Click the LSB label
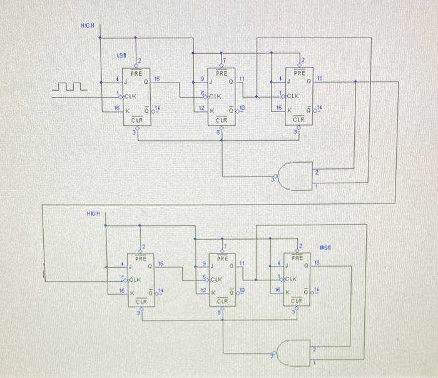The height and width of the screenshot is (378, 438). point(121,55)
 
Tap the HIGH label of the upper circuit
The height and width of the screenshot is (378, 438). point(87,25)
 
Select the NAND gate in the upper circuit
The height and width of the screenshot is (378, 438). point(294,175)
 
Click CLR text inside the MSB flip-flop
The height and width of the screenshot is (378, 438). point(297,301)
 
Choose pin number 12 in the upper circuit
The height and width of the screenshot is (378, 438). point(200,108)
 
